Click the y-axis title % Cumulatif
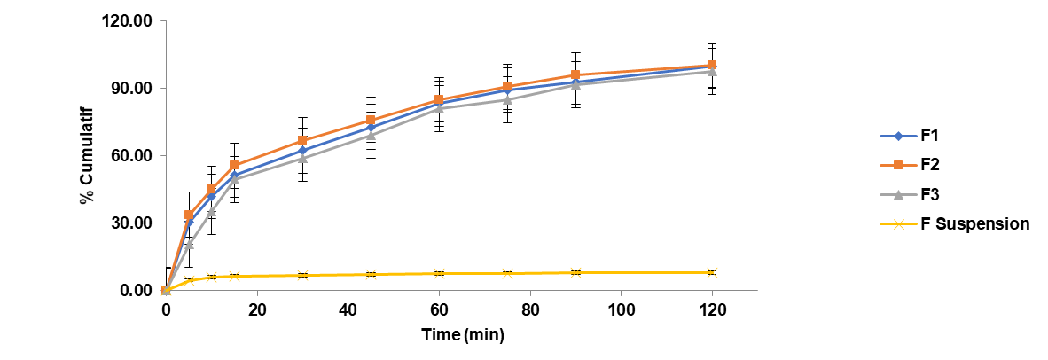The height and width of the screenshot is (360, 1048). (x=87, y=156)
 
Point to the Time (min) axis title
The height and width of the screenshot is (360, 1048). (x=461, y=334)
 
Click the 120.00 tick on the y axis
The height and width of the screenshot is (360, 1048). (x=129, y=20)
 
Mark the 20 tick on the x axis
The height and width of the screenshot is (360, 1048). (x=256, y=309)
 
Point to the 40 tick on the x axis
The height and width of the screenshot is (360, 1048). (x=348, y=309)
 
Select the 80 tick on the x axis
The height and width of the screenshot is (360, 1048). (x=530, y=309)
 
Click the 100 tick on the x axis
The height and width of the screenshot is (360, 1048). (x=621, y=309)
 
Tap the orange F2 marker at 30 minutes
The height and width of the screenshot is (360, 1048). (x=302, y=141)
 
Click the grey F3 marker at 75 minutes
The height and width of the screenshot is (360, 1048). (x=507, y=100)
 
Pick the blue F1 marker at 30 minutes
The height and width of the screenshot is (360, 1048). (x=302, y=151)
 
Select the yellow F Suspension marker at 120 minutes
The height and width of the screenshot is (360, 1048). (x=712, y=272)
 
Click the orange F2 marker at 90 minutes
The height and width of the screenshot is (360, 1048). (x=575, y=75)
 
